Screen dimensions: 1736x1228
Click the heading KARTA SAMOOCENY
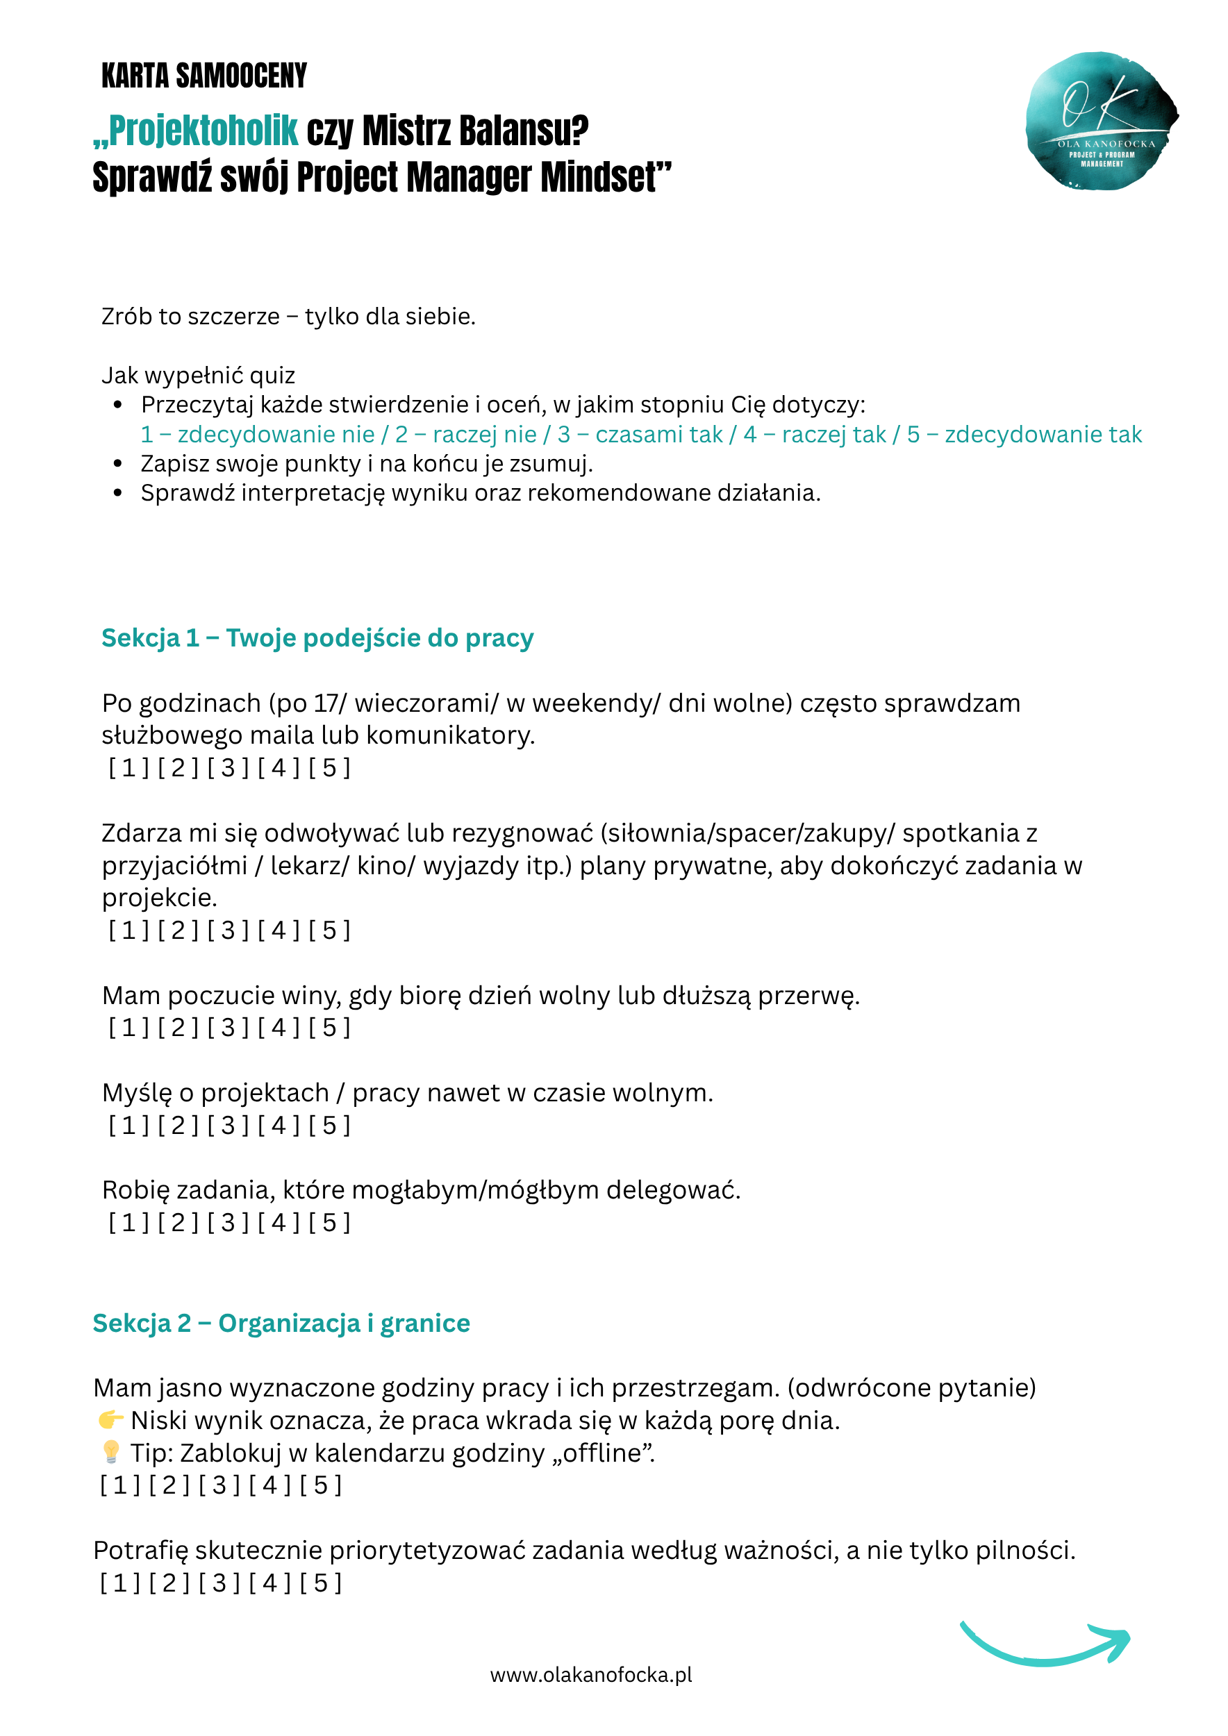coord(204,76)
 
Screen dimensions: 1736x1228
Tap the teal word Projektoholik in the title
coord(204,131)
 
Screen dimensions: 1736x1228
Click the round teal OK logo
coord(1101,121)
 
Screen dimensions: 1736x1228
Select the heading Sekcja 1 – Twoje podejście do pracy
coord(317,638)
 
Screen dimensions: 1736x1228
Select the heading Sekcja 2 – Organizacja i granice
coord(281,1323)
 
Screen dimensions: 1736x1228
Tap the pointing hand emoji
coord(110,1419)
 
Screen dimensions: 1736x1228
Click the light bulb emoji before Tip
coord(110,1452)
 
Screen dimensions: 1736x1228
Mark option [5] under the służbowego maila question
coord(330,768)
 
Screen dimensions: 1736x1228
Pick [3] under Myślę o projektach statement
coord(229,1125)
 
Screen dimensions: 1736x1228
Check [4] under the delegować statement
coord(279,1223)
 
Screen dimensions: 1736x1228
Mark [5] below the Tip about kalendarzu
coord(322,1485)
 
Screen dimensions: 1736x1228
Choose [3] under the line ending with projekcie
coord(229,930)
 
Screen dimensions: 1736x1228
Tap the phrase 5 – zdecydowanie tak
coord(1024,435)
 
